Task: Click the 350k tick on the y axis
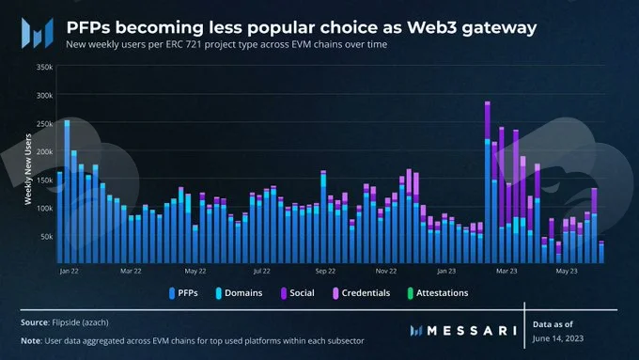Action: point(44,67)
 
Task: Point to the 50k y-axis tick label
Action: point(46,237)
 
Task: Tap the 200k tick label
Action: point(44,151)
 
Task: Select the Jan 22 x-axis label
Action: point(70,271)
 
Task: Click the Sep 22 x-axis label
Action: point(325,271)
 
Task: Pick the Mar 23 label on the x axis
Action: point(507,271)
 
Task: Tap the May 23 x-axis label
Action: point(567,271)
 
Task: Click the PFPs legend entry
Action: point(183,293)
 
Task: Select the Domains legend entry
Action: point(240,293)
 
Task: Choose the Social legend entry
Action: point(298,293)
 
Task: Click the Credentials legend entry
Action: point(362,293)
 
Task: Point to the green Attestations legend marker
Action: point(411,293)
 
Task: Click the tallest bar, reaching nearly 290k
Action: point(488,182)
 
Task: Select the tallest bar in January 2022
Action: point(67,192)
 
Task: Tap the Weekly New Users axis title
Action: point(28,169)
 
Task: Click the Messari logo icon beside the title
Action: point(38,33)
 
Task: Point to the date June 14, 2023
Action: point(558,338)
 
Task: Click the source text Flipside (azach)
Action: point(80,322)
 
